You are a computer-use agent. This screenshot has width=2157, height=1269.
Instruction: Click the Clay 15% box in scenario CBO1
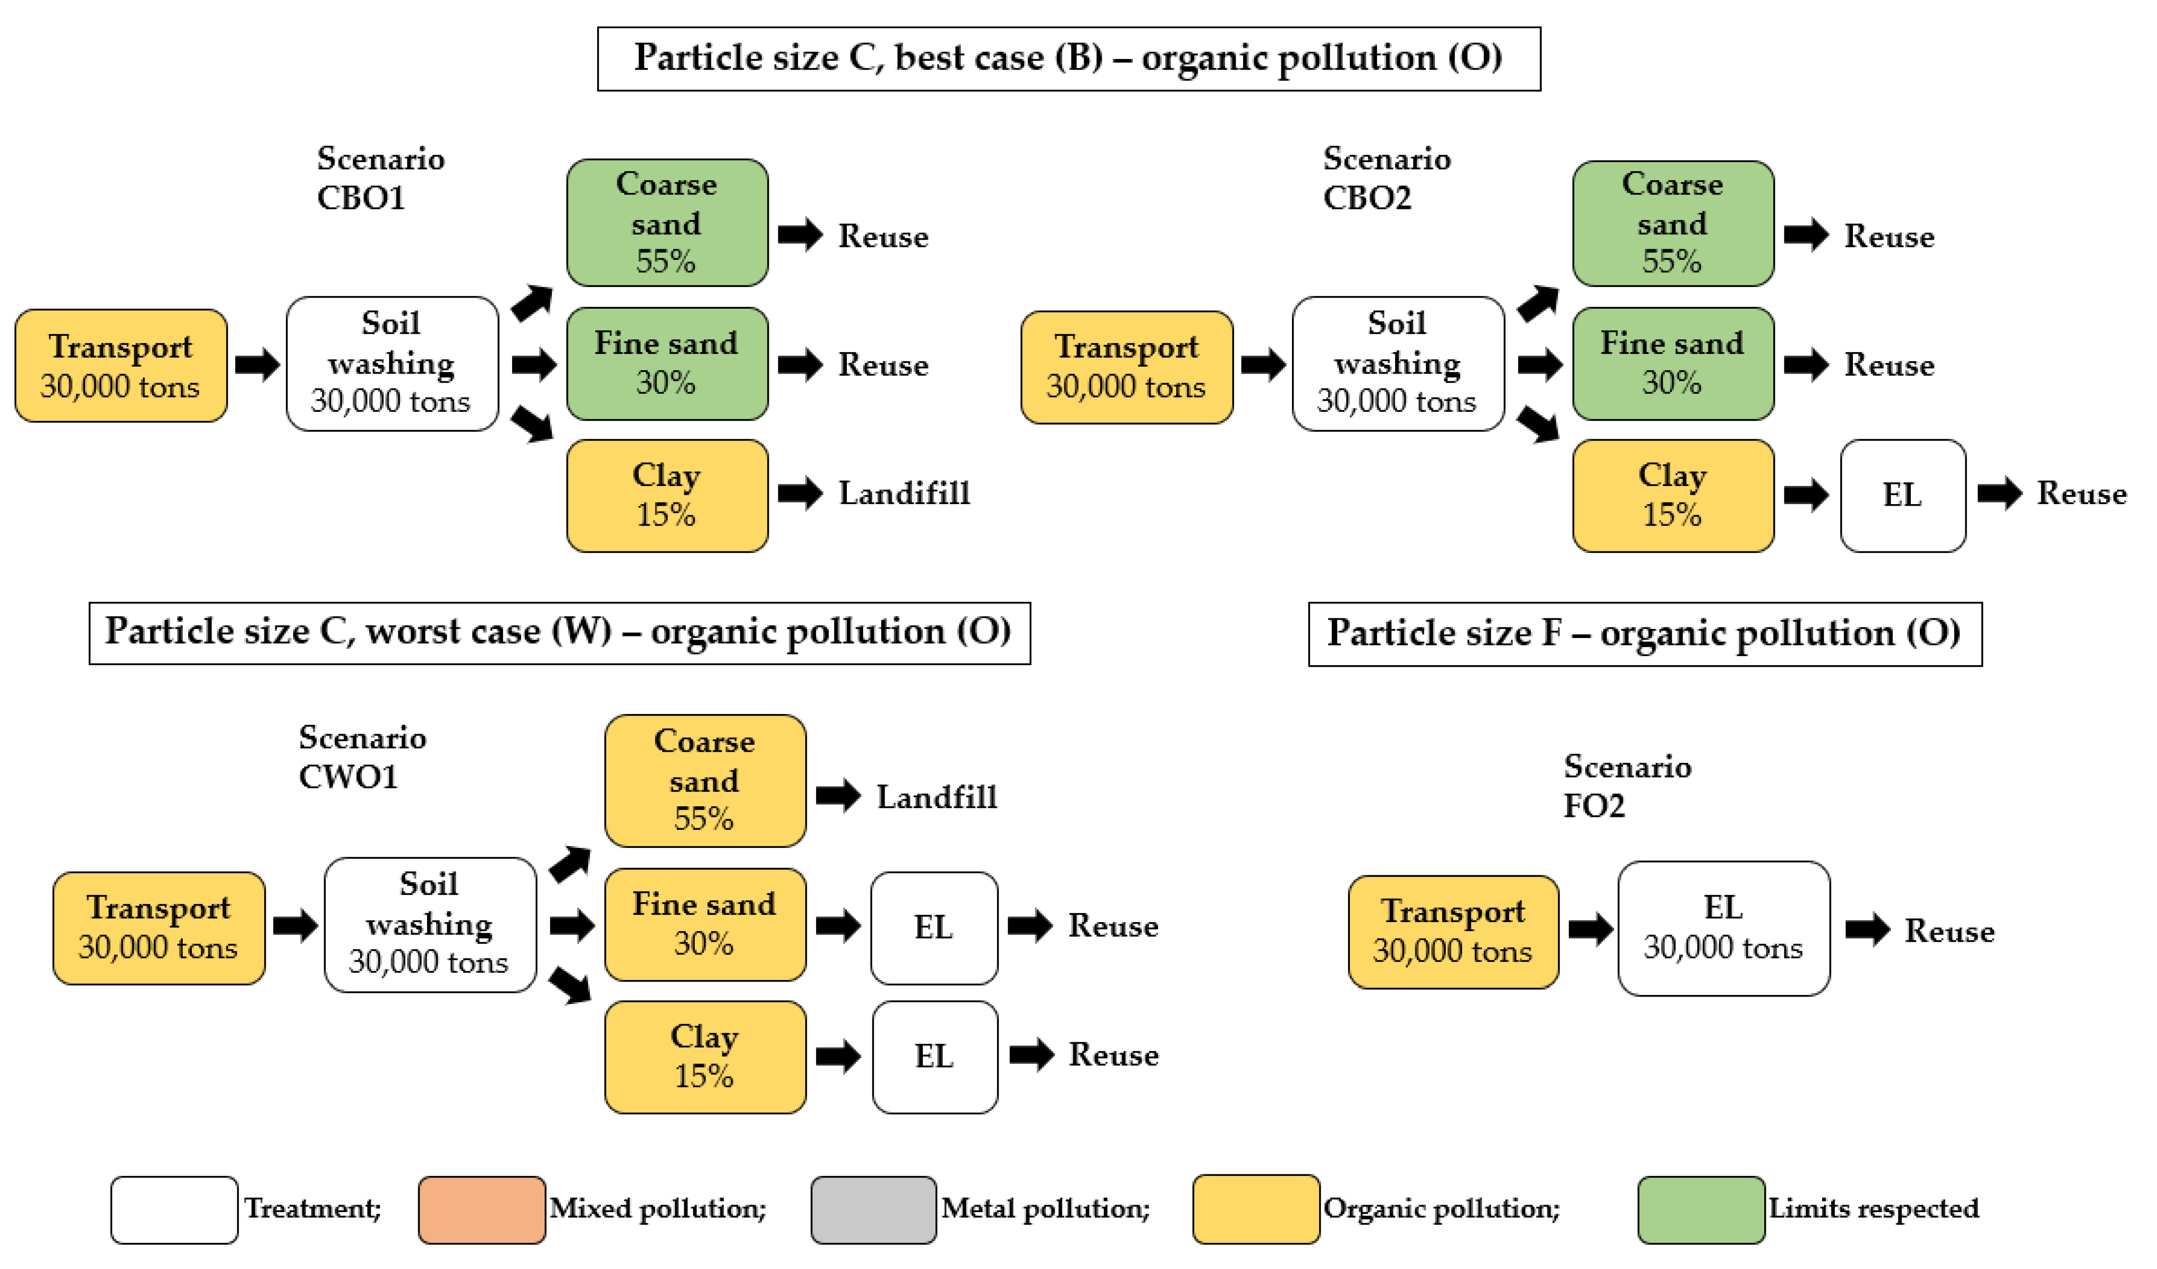tap(667, 496)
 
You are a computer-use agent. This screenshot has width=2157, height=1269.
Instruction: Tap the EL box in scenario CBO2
tap(1902, 496)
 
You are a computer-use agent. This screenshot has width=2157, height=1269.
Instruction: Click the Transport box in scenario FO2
tap(1453, 932)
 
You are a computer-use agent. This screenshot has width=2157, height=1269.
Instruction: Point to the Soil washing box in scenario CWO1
tap(429, 925)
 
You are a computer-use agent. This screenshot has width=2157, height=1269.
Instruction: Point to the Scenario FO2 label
tap(1626, 786)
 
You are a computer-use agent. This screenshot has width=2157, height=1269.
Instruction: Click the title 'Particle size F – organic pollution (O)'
tap(1644, 633)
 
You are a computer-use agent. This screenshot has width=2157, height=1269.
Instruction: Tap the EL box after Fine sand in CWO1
tap(934, 928)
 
